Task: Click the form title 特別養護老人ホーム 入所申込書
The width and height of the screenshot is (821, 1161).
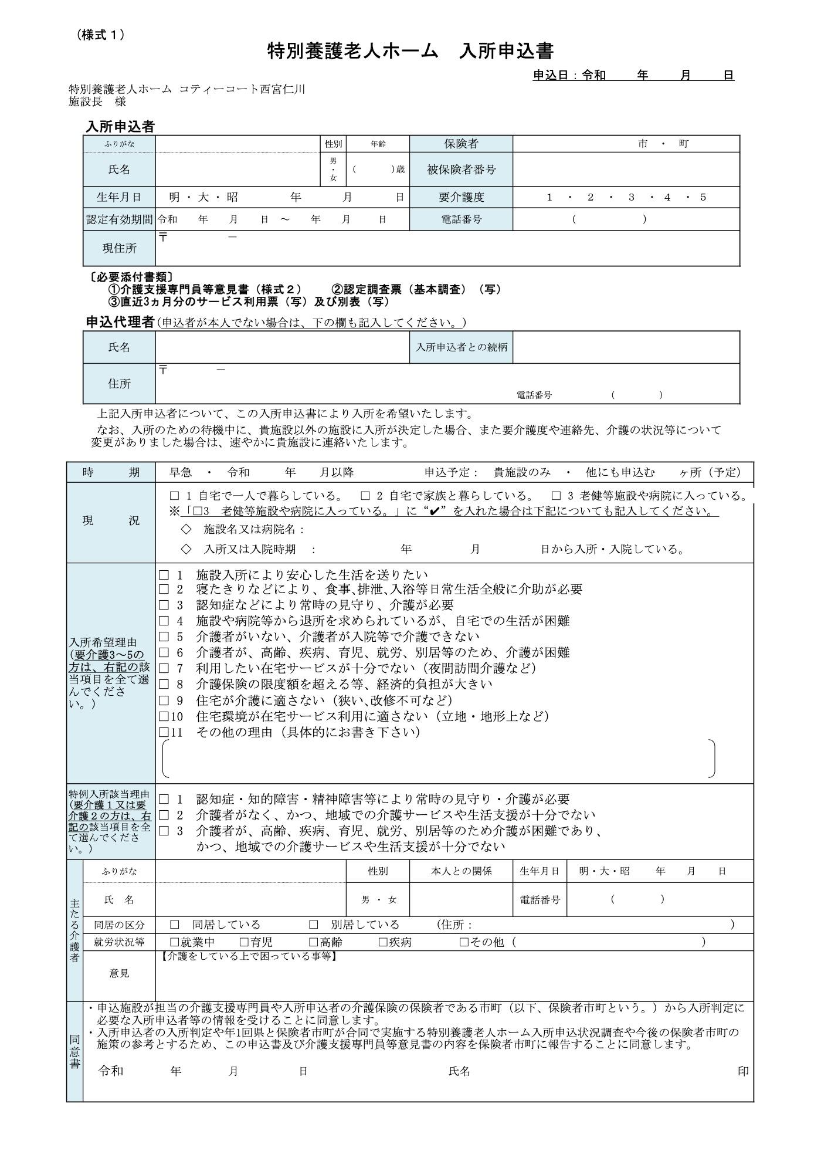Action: (x=410, y=51)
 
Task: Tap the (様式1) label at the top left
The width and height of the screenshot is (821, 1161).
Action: (x=101, y=35)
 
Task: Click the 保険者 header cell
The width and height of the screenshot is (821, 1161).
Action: (x=461, y=144)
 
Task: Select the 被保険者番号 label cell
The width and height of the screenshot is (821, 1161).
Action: (x=461, y=170)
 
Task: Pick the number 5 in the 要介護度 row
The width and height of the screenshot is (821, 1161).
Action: (x=703, y=197)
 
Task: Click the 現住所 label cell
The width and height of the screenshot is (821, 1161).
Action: (x=119, y=248)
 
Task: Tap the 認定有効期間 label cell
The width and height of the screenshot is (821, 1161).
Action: (x=119, y=219)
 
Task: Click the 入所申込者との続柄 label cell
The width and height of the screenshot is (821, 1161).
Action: (x=461, y=347)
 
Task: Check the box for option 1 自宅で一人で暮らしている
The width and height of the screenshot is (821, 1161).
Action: (x=174, y=496)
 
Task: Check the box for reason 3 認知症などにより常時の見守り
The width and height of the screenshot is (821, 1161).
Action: (x=164, y=605)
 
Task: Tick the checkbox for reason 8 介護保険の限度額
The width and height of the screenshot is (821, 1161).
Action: (x=164, y=684)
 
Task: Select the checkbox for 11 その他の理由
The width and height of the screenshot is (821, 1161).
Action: (x=164, y=732)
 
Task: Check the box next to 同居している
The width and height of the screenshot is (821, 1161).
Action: (x=174, y=925)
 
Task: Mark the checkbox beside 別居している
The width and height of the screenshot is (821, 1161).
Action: (x=314, y=925)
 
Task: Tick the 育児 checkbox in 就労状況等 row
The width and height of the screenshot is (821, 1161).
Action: (x=244, y=942)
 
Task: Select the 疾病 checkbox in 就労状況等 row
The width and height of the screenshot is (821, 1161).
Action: (x=383, y=942)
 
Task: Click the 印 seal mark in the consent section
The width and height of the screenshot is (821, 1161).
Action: (x=743, y=1071)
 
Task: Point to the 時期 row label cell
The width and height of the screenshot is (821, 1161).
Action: (x=111, y=472)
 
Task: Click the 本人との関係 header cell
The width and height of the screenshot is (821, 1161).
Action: (x=461, y=871)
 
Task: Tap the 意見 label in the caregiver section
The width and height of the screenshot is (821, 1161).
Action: (x=119, y=973)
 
